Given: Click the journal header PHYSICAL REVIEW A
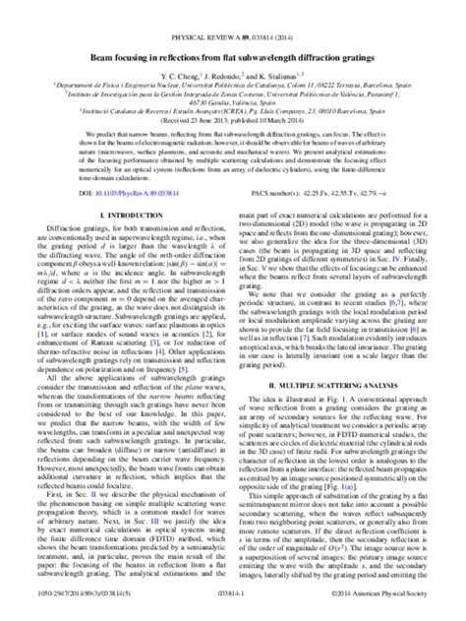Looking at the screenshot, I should (233, 9).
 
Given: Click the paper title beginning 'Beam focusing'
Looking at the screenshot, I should (233, 33).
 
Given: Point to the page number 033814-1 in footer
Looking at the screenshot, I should (233, 611).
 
